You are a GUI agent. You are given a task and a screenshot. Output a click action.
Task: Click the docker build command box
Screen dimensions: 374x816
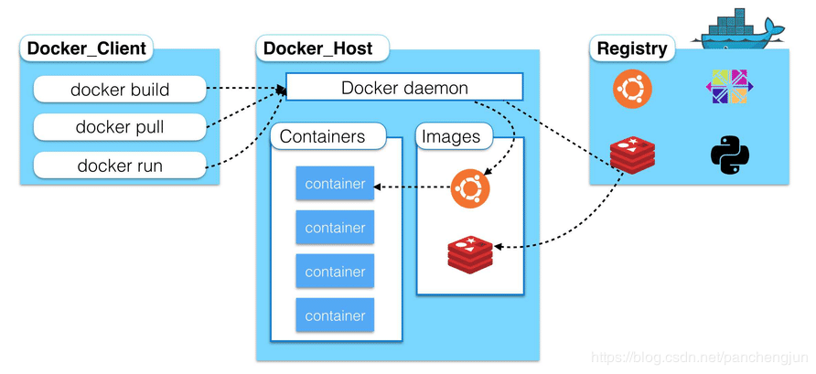(x=120, y=90)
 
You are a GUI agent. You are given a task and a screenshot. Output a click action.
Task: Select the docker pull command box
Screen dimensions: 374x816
(x=120, y=127)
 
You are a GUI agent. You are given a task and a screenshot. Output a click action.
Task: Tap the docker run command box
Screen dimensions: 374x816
(x=120, y=166)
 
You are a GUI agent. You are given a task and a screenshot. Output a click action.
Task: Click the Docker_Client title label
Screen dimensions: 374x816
(x=87, y=48)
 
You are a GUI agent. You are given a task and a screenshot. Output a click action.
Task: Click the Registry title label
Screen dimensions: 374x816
(x=632, y=48)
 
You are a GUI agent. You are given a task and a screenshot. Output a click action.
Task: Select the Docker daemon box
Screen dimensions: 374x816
(x=404, y=88)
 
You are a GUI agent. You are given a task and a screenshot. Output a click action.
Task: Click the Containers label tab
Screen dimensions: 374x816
(x=322, y=137)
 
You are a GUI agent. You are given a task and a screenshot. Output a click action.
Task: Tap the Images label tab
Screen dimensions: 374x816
(x=451, y=137)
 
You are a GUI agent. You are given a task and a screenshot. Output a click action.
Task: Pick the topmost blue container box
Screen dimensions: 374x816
(x=335, y=184)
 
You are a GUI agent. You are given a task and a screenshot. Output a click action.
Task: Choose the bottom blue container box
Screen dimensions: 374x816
(x=335, y=315)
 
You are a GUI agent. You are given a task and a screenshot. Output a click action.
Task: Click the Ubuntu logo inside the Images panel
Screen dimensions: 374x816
(x=470, y=188)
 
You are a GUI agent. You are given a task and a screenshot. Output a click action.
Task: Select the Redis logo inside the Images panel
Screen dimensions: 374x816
(x=470, y=251)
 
